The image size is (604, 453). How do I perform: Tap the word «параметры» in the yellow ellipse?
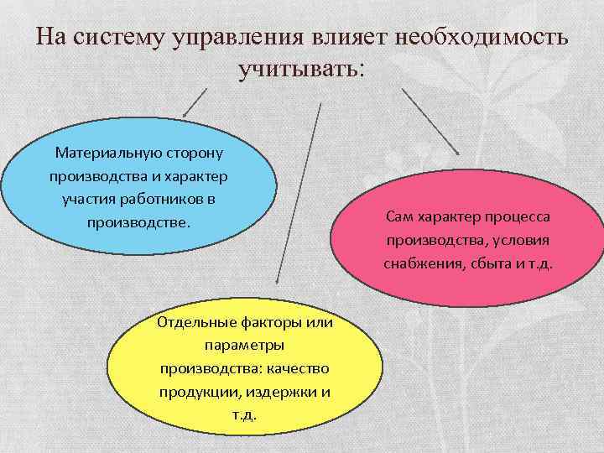(x=245, y=346)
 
